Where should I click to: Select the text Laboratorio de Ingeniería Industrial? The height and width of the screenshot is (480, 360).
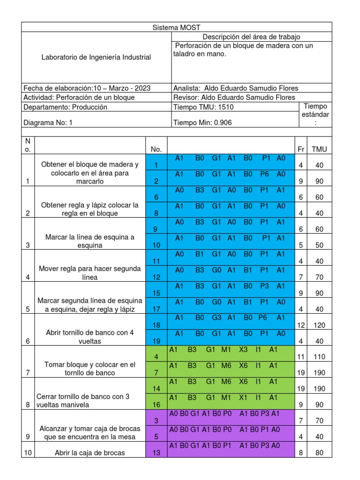coord(97,57)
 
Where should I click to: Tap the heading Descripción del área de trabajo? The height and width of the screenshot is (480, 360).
coord(251,37)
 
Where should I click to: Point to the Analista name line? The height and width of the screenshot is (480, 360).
coord(235,88)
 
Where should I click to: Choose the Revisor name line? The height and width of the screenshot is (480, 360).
coord(234,97)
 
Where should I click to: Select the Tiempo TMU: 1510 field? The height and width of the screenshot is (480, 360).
coord(203,107)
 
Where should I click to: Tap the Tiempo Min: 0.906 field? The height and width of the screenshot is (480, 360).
coord(202,123)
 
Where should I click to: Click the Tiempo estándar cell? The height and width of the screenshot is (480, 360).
coord(315,114)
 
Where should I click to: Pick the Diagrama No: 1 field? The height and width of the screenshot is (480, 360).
coord(48,123)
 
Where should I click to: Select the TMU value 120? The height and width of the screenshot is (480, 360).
coord(319,325)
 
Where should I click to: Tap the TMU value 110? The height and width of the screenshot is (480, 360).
coord(319,357)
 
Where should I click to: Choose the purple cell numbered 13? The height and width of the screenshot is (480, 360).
coord(156,453)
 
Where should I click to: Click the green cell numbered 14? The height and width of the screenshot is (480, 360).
coord(156,389)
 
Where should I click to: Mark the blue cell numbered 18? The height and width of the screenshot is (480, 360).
coord(156,325)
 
